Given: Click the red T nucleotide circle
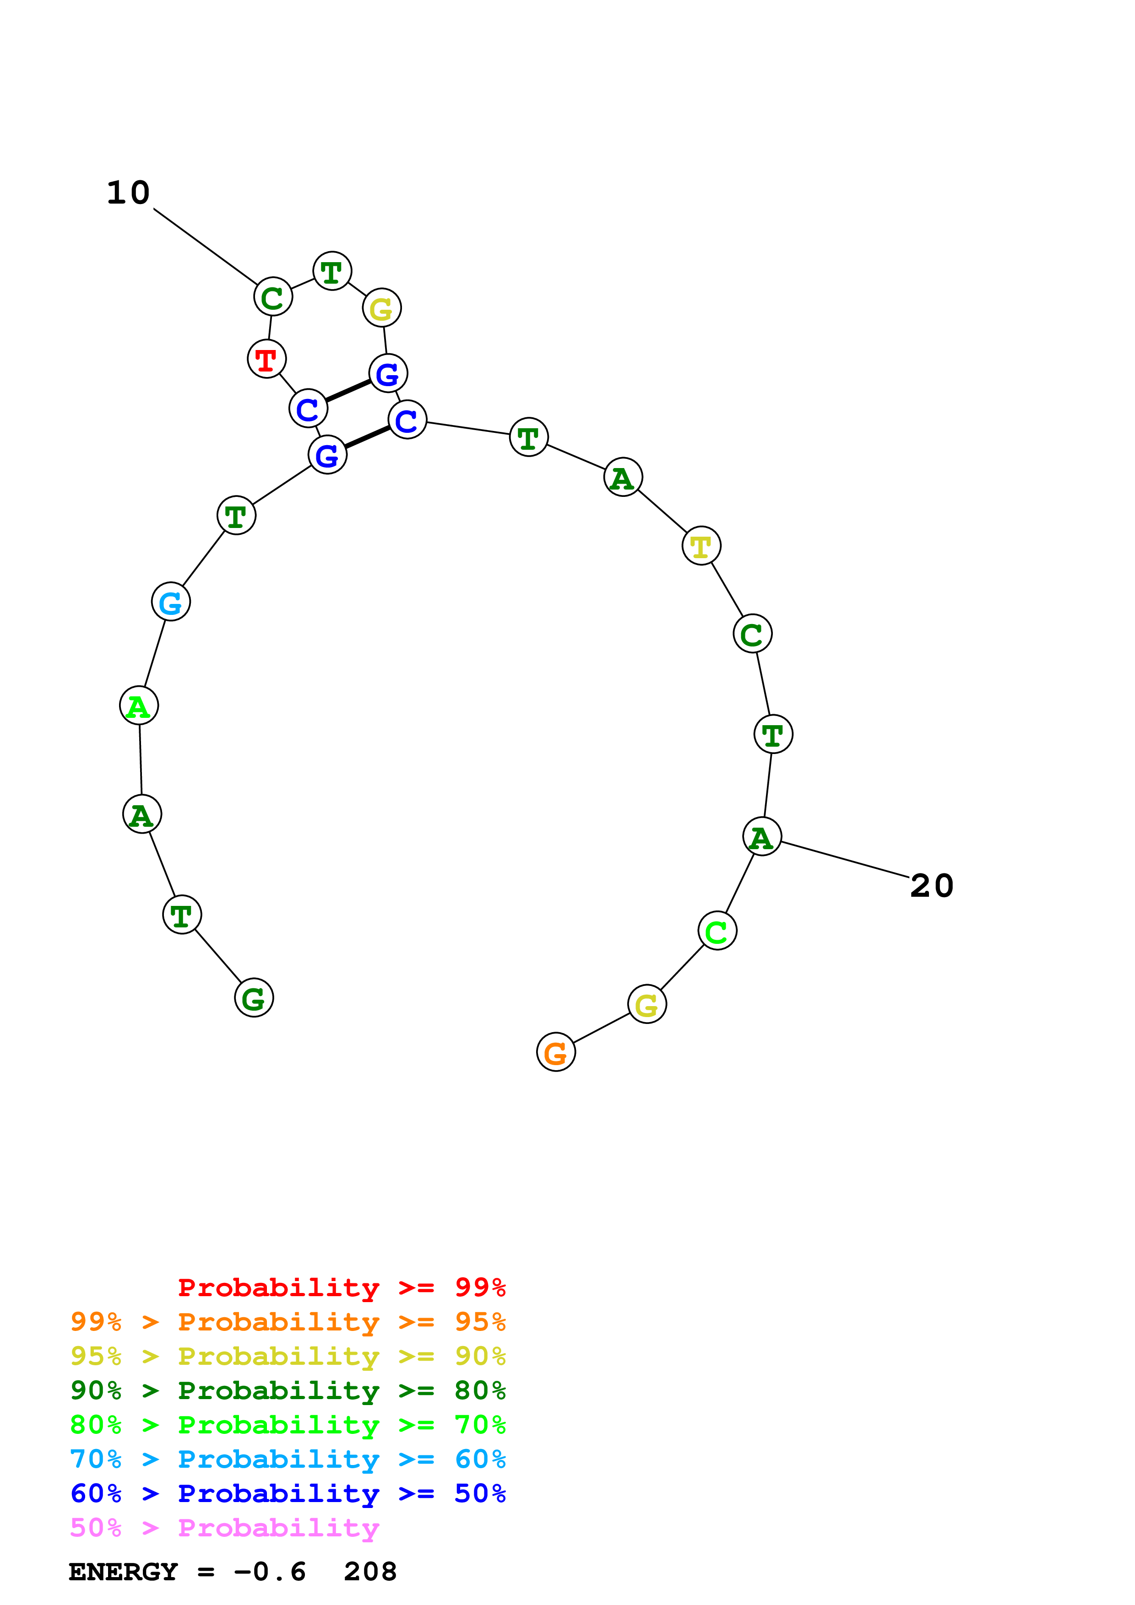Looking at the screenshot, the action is [x=266, y=359].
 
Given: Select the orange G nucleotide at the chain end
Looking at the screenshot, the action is [x=556, y=1052].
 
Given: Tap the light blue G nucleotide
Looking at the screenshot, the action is [x=171, y=602].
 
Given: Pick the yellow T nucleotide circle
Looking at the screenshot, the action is [x=701, y=546].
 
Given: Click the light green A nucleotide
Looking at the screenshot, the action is [x=139, y=706].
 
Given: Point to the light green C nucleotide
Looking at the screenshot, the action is [x=717, y=931].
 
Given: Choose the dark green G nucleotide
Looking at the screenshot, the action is [x=254, y=997].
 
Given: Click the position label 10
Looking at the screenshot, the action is [x=129, y=193].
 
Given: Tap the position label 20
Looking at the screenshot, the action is [x=932, y=886].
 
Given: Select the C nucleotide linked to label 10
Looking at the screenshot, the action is [x=273, y=297].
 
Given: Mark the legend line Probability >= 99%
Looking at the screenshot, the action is [x=341, y=1287].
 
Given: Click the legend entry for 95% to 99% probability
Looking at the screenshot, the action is [x=288, y=1322].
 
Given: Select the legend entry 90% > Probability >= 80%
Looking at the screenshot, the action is [x=288, y=1390].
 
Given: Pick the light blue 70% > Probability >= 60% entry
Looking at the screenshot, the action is [x=288, y=1459].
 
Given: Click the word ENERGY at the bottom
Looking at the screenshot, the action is [x=123, y=1572].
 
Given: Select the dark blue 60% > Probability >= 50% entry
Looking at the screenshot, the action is [x=288, y=1493].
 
